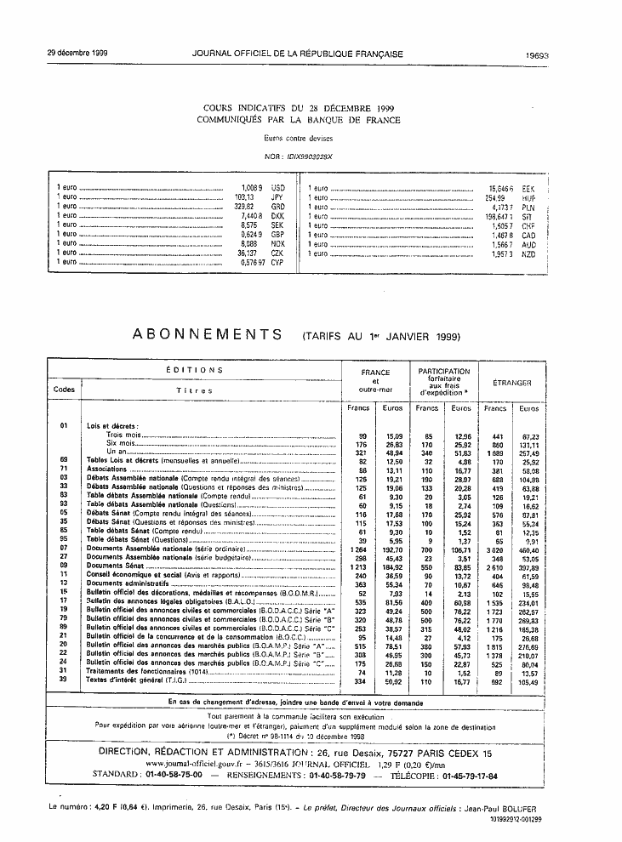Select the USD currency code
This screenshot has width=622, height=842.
coord(277,186)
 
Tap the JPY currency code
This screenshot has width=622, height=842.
coord(277,197)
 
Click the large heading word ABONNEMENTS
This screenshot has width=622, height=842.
coord(208,335)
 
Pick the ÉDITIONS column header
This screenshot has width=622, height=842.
coord(194,371)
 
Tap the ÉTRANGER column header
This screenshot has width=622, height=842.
coord(513,384)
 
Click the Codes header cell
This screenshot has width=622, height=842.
coord(64,390)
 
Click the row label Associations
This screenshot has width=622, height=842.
coord(106,469)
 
